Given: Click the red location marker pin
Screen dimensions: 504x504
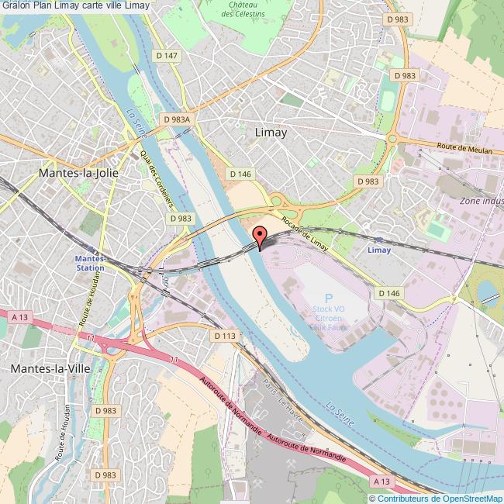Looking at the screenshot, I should pyautogui.click(x=260, y=236).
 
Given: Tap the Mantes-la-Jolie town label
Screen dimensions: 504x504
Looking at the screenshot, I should pyautogui.click(x=78, y=173).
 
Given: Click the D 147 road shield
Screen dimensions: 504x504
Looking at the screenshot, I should pyautogui.click(x=166, y=56).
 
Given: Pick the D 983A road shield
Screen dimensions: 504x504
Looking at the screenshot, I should pyautogui.click(x=177, y=119).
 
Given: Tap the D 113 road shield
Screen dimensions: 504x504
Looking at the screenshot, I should pyautogui.click(x=223, y=335).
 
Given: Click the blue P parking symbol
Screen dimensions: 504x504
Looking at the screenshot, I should pyautogui.click(x=329, y=299).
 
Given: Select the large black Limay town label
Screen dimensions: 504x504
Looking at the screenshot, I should pyautogui.click(x=271, y=133).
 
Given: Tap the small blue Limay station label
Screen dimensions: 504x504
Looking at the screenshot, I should pyautogui.click(x=379, y=250).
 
